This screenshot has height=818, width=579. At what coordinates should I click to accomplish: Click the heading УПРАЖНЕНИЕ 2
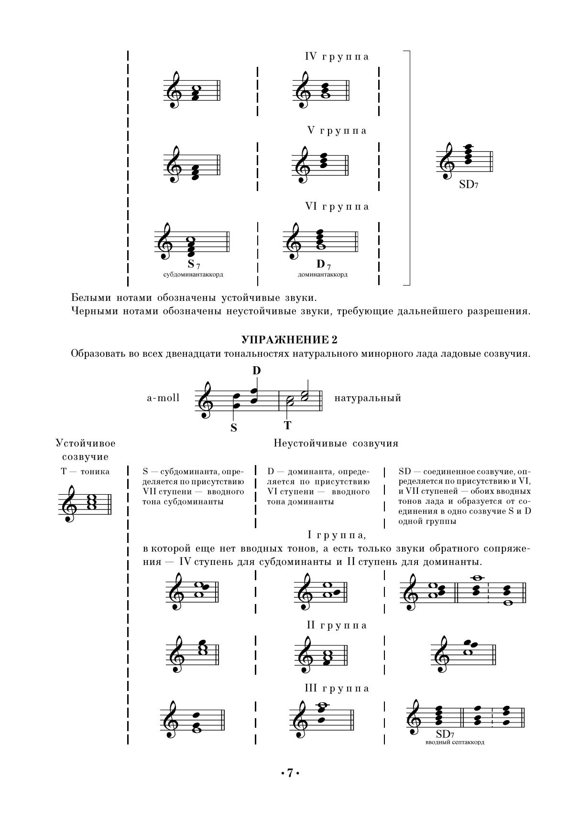point(289,340)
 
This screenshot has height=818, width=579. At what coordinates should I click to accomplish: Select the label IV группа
point(337,57)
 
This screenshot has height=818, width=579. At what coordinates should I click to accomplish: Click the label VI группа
point(337,207)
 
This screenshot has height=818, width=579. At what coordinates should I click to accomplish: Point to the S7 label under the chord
point(193,264)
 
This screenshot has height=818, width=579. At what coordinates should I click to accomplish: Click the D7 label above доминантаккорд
point(323,264)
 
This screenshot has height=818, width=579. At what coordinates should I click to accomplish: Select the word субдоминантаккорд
point(193,275)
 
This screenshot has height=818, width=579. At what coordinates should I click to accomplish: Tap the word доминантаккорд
point(323,275)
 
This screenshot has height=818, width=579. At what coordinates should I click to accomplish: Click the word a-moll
point(163,398)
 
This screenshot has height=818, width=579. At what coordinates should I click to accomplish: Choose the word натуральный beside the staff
point(368,398)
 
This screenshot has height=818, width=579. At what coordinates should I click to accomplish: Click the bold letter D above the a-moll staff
point(257,371)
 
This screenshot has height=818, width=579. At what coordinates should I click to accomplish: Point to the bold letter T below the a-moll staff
point(287,425)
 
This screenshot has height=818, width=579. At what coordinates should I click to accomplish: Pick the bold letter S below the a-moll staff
point(233,428)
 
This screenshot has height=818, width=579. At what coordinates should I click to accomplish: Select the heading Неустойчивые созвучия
point(336,443)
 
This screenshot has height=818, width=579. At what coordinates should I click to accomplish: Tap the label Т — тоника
point(85,472)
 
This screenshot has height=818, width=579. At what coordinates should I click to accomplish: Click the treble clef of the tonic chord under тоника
point(69,503)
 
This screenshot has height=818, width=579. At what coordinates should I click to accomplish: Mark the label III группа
point(337,689)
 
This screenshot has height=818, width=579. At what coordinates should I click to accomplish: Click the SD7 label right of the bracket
point(469,184)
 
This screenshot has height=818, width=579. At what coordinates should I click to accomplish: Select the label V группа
point(337,131)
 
